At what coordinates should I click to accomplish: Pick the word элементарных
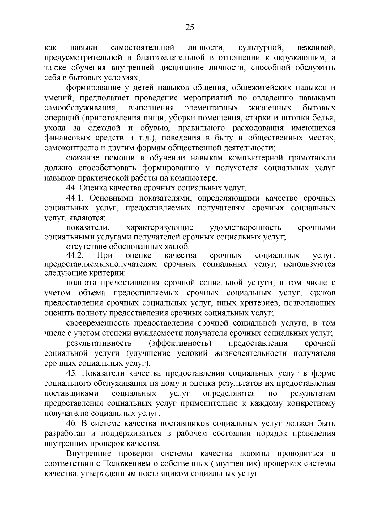[211, 108]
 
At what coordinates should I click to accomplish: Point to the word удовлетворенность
[245, 228]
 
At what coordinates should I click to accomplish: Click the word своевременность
[98, 323]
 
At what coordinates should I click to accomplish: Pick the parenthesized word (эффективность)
[180, 343]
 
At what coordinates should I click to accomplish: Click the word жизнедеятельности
[251, 353]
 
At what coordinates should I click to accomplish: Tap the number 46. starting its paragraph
[71, 424]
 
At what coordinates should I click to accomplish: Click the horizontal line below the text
[195, 488]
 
